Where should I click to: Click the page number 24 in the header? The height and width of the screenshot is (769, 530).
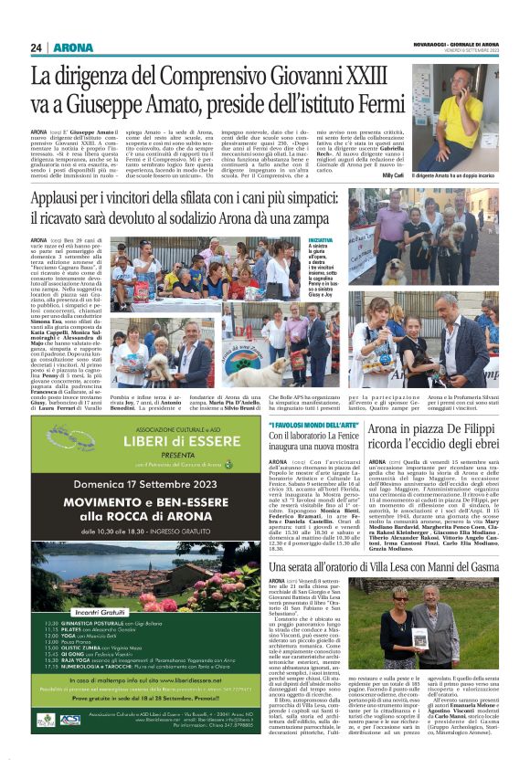point(37,47)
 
